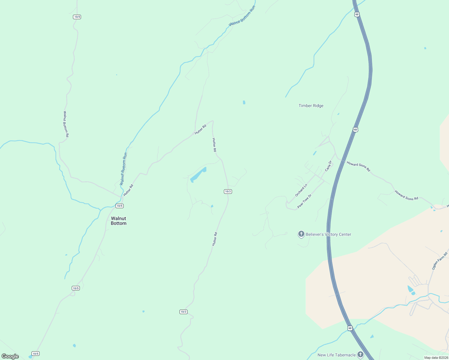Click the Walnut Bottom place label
[x=119, y=221]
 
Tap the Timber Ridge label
[x=311, y=106]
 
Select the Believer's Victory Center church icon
[x=301, y=234]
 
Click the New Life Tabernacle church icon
[x=360, y=355]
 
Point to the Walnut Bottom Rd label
[x=66, y=124]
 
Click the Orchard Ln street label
[x=301, y=190]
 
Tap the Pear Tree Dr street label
[x=304, y=201]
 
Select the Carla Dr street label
[x=328, y=166]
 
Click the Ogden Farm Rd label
[x=440, y=261]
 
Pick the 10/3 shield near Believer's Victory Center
[x=228, y=191]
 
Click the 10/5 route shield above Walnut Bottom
[x=119, y=206]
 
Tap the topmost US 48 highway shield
[x=357, y=14]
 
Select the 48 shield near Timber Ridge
[x=355, y=130]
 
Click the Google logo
[x=10, y=356]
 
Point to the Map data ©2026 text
[x=436, y=358]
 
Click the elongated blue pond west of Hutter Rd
[x=198, y=175]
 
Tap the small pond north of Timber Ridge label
[x=244, y=102]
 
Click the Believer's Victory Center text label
[x=328, y=234]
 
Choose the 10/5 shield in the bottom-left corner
[x=35, y=354]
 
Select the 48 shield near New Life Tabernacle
[x=350, y=328]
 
